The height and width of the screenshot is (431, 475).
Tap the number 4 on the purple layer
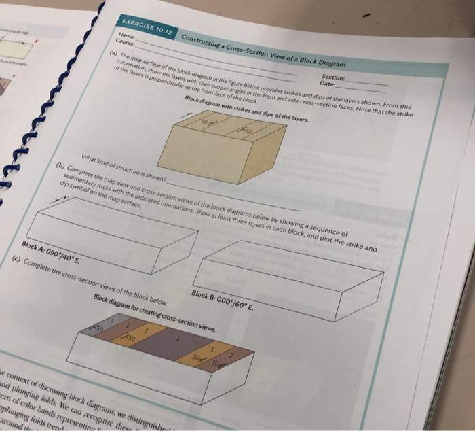[x=178, y=336]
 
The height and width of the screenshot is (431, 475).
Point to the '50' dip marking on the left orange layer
[x=132, y=337]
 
